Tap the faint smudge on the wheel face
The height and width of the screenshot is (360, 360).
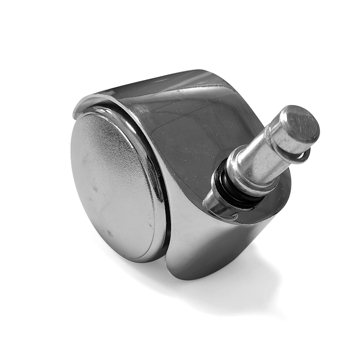click(96, 187)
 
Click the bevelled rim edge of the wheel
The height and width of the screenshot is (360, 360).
click(153, 158)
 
